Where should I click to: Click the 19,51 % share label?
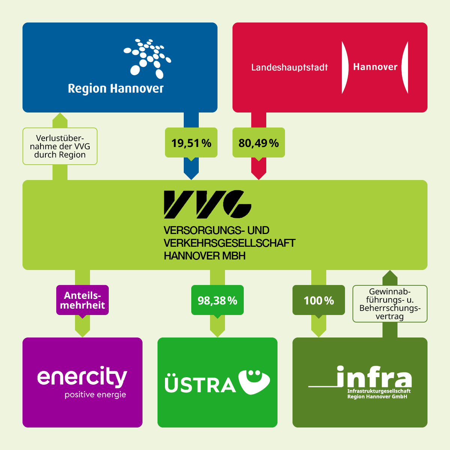coord(191,143)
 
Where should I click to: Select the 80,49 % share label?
coord(259,143)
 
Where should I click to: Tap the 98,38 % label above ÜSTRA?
coord(217,300)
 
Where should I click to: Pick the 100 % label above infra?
coord(319,300)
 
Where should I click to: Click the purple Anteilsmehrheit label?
coord(82,300)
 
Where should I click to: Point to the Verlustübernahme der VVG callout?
coord(60,147)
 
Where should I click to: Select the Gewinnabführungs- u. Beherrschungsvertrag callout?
coord(390,304)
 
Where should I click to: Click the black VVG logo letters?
coord(207,204)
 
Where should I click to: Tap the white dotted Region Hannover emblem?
coord(147,58)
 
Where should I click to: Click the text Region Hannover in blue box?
coord(116,89)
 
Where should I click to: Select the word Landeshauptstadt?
coord(289,67)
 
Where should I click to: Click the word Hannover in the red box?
coord(375,67)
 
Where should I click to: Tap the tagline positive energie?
coord(95,395)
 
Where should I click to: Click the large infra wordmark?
coord(373,377)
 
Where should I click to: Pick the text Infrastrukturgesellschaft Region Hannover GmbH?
coord(379,394)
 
